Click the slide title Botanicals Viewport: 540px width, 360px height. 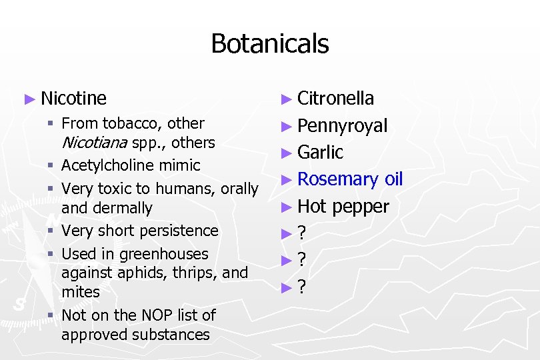tap(269, 44)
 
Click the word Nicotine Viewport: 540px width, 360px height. tap(73, 99)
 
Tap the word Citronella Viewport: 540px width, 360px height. tap(335, 99)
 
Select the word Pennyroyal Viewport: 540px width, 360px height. tap(342, 126)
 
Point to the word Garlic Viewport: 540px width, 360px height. tap(320, 153)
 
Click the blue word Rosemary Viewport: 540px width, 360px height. tap(337, 179)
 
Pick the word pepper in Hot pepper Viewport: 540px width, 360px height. tap(360, 207)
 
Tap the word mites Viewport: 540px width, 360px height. tap(80, 292)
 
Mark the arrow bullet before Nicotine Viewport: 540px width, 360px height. tap(29, 99)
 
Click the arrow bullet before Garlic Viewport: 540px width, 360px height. tap(286, 153)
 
